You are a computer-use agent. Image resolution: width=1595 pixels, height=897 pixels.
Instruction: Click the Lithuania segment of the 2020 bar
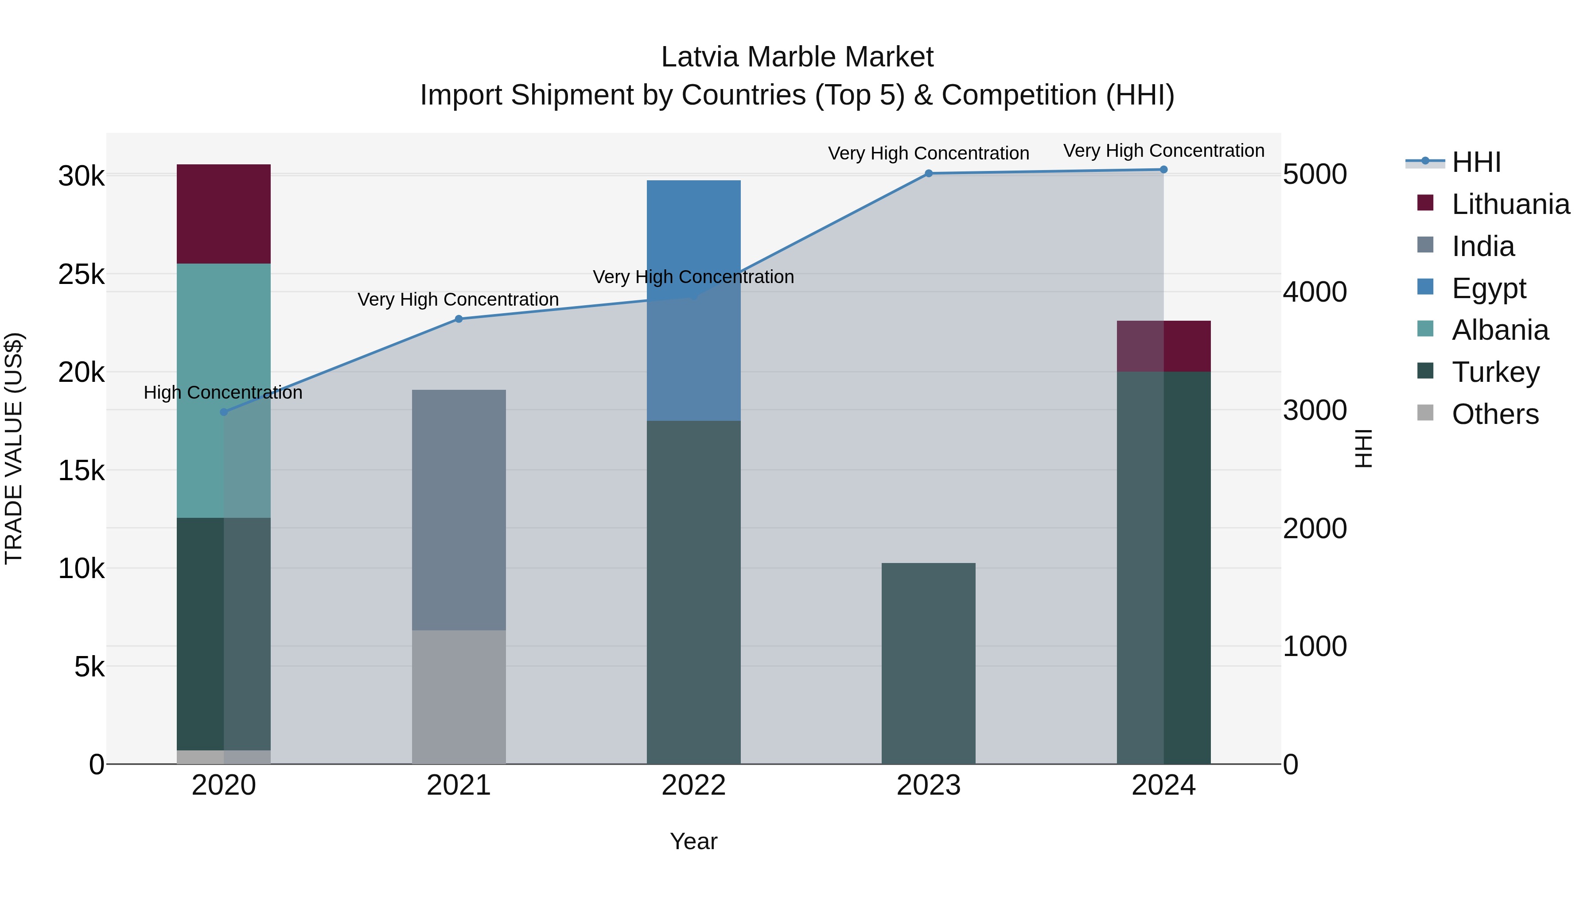coord(224,214)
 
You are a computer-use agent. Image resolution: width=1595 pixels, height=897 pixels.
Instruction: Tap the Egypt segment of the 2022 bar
coord(693,235)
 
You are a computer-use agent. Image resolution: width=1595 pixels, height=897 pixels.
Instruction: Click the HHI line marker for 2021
coord(459,319)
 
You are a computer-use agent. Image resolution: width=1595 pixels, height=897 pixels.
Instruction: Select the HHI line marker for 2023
coord(928,173)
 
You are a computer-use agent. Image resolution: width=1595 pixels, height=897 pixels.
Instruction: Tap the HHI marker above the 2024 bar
coord(1163,169)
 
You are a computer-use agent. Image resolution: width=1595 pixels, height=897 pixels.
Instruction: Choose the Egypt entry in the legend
coord(1489,288)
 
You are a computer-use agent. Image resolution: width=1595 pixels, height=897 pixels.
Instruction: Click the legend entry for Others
coord(1495,414)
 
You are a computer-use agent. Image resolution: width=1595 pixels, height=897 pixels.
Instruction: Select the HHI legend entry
coord(1476,162)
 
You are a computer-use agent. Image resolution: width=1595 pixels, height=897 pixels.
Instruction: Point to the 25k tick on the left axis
coord(82,274)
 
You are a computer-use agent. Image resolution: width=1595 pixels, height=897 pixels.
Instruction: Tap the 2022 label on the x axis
coord(693,785)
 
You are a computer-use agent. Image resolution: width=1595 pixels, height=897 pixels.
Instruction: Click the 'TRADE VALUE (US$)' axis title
coord(14,448)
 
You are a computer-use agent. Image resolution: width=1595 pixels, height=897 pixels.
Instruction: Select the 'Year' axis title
coord(693,841)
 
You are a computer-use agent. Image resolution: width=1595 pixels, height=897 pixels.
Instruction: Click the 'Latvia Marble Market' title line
coord(797,57)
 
